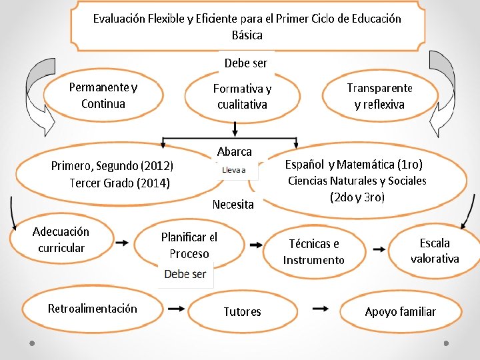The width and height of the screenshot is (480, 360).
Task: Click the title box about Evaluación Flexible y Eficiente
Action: click(247, 27)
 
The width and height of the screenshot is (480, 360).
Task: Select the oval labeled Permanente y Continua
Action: click(103, 95)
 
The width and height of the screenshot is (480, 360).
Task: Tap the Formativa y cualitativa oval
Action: click(242, 97)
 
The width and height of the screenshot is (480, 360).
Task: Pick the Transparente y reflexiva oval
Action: click(379, 96)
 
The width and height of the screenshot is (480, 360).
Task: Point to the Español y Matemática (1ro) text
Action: click(354, 164)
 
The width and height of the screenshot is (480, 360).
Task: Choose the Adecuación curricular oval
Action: click(61, 240)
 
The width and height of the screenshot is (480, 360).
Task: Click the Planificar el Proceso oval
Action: click(189, 245)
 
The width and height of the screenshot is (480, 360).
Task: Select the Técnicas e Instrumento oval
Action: click(314, 251)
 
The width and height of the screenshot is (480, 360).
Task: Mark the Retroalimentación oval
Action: click(93, 309)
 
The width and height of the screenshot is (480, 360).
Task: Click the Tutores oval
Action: click(242, 311)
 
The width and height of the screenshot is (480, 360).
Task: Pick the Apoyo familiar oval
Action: click(400, 311)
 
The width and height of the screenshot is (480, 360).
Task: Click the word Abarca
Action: click(235, 151)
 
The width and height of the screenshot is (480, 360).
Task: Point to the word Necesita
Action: click(233, 205)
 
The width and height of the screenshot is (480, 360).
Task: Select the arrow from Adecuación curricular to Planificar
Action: click(122, 243)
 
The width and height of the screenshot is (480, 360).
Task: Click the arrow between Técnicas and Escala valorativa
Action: click(379, 249)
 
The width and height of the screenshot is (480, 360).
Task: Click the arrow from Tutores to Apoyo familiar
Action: click(321, 309)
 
